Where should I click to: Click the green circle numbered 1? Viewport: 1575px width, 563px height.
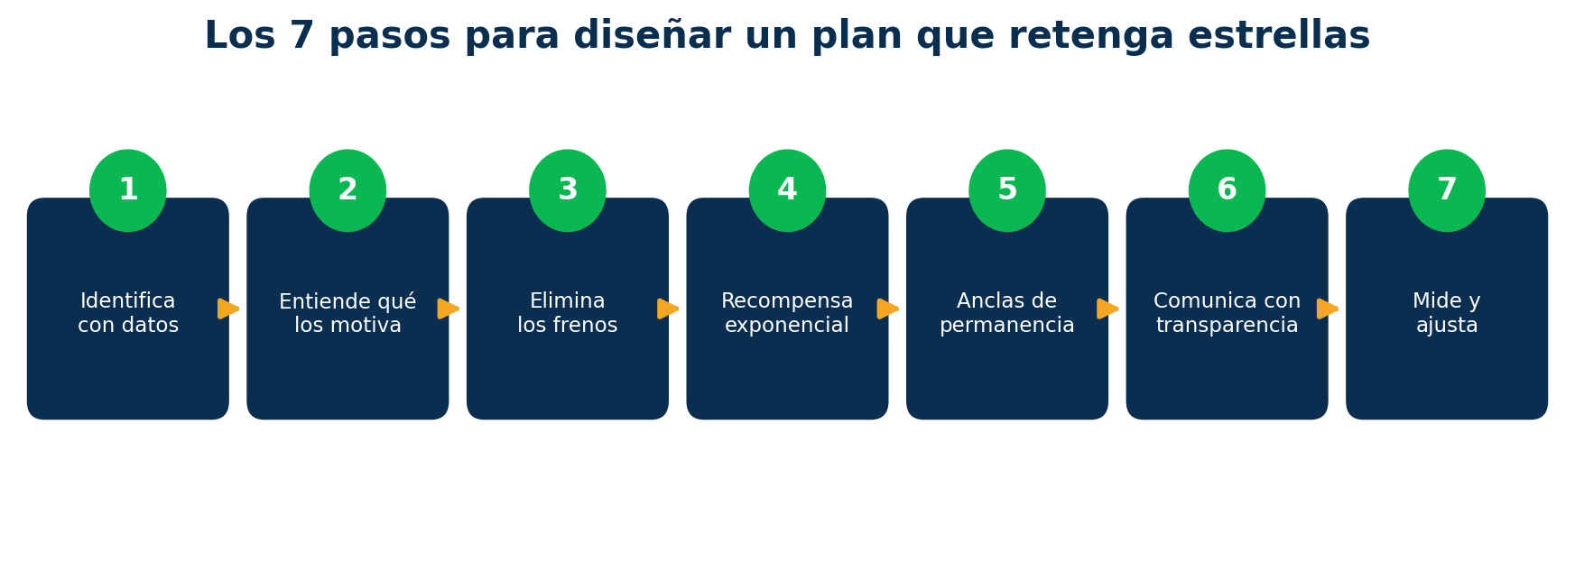pyautogui.click(x=128, y=190)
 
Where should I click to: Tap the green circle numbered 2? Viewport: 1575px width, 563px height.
pyautogui.click(x=347, y=190)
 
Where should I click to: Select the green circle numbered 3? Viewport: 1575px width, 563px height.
pyautogui.click(x=568, y=190)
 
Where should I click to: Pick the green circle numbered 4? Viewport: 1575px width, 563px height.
pyautogui.click(x=787, y=190)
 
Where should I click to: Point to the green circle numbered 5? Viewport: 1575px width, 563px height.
pyautogui.click(x=1007, y=190)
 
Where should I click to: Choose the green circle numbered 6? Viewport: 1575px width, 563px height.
pyautogui.click(x=1228, y=190)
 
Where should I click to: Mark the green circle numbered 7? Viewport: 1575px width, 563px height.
pyautogui.click(x=1447, y=190)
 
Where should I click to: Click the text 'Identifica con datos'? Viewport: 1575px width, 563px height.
pyautogui.click(x=128, y=313)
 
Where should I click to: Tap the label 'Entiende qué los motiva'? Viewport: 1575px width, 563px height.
pyautogui.click(x=347, y=313)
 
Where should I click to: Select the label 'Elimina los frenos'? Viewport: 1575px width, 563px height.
pyautogui.click(x=568, y=313)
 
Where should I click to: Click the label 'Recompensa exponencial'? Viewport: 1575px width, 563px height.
pyautogui.click(x=787, y=313)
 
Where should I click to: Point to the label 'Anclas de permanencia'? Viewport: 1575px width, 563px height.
pyautogui.click(x=1007, y=313)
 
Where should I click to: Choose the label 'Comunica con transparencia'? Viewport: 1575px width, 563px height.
pyautogui.click(x=1228, y=313)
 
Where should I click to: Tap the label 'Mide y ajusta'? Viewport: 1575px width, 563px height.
pyautogui.click(x=1447, y=313)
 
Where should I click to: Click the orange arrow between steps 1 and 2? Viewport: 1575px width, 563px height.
pyautogui.click(x=228, y=309)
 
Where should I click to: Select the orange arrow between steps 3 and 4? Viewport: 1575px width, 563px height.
pyautogui.click(x=668, y=309)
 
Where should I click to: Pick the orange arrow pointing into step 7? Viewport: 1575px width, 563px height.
pyautogui.click(x=1328, y=309)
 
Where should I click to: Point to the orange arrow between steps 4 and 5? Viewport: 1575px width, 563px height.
pyautogui.click(x=888, y=309)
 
